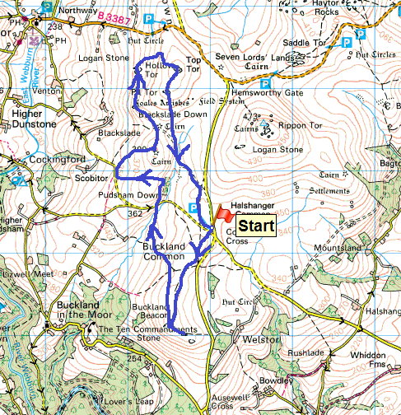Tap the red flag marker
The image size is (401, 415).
(x=223, y=212)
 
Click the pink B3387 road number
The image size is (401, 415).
(x=114, y=16)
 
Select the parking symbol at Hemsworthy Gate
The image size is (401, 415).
(x=266, y=83)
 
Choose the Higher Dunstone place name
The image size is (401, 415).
(x=33, y=119)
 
